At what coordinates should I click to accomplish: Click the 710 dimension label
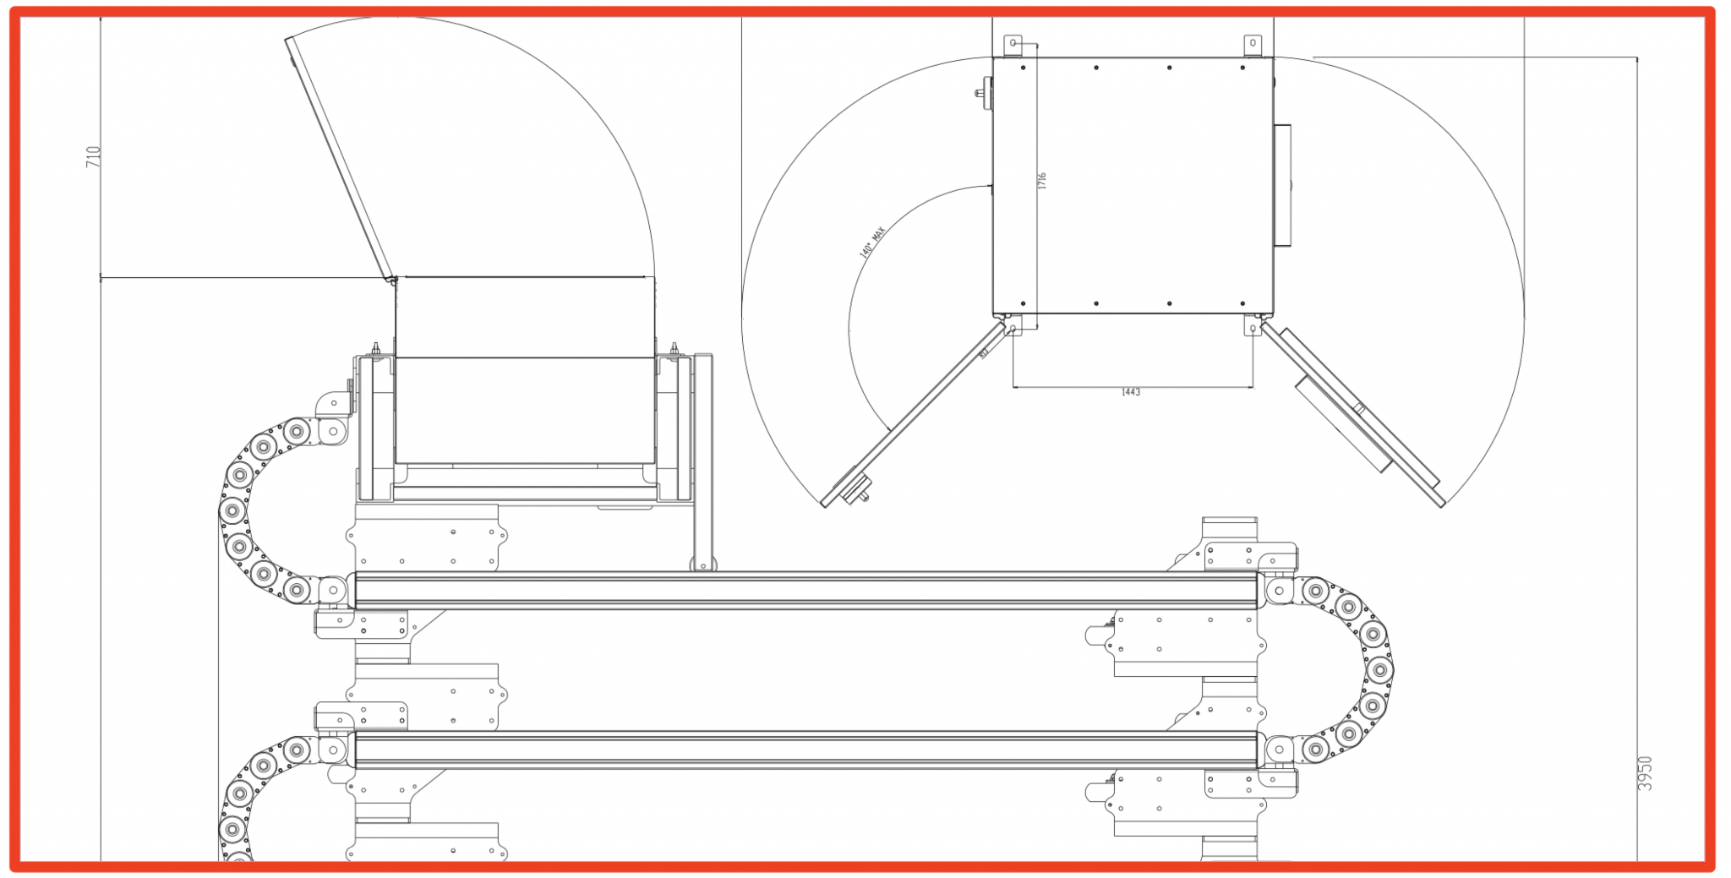(x=94, y=156)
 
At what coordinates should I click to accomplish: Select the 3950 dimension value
(x=1644, y=773)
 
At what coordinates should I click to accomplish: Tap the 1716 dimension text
(x=1042, y=181)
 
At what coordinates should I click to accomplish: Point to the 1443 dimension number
(x=1131, y=392)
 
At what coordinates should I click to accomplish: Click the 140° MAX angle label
(x=871, y=242)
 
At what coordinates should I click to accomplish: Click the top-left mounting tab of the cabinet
(x=1013, y=44)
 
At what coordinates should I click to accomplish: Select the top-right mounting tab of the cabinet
(x=1253, y=44)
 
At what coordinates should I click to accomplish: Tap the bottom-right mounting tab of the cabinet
(x=1253, y=326)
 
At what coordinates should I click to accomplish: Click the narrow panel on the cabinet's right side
(x=1282, y=185)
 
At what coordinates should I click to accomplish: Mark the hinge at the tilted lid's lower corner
(x=391, y=279)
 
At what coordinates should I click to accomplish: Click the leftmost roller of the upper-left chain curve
(x=232, y=510)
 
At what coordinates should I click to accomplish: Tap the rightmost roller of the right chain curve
(x=1379, y=671)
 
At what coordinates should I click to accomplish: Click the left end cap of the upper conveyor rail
(x=352, y=589)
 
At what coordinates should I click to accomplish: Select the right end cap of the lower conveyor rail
(x=1260, y=750)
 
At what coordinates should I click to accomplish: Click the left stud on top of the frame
(x=376, y=349)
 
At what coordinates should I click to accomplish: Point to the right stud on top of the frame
(x=674, y=349)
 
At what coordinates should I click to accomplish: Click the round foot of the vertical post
(x=703, y=564)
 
